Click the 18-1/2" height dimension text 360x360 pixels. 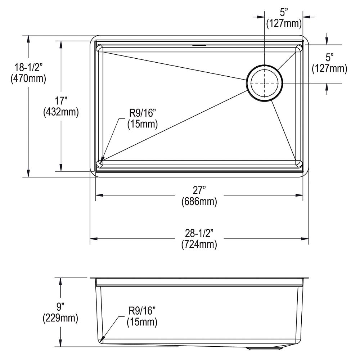pyautogui.click(x=28, y=67)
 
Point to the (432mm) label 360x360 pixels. pyautogui.click(x=60, y=112)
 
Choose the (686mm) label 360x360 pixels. pyautogui.click(x=199, y=202)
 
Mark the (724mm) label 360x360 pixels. pyautogui.click(x=199, y=245)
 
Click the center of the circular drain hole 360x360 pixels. pyautogui.click(x=265, y=82)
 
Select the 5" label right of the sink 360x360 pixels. pyautogui.click(x=329, y=57)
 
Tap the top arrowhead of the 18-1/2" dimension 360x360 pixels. pyautogui.click(x=28, y=38)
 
